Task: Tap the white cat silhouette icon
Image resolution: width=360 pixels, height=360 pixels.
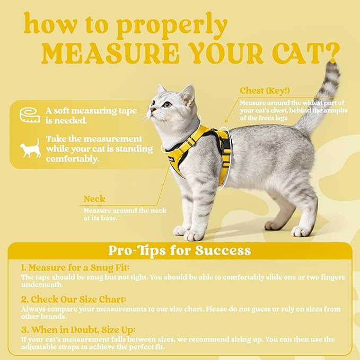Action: (x=30, y=148)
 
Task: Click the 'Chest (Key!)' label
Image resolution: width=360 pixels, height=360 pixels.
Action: (x=265, y=91)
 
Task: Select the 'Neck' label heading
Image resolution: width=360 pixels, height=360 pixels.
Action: (x=94, y=199)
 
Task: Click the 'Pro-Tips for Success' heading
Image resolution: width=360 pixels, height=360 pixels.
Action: (x=180, y=250)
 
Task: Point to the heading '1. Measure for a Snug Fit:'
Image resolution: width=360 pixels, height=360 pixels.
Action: (x=75, y=267)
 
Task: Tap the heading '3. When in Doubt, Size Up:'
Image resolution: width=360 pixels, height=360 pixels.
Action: (x=78, y=329)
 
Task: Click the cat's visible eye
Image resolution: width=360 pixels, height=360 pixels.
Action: (x=167, y=105)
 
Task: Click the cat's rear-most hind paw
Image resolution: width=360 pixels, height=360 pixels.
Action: (x=301, y=231)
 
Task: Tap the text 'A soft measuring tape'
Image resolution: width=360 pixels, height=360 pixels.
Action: (x=91, y=111)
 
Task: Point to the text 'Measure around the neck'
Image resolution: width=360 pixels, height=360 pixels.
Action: (x=125, y=210)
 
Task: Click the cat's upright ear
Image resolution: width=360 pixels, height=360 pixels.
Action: (x=187, y=94)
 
